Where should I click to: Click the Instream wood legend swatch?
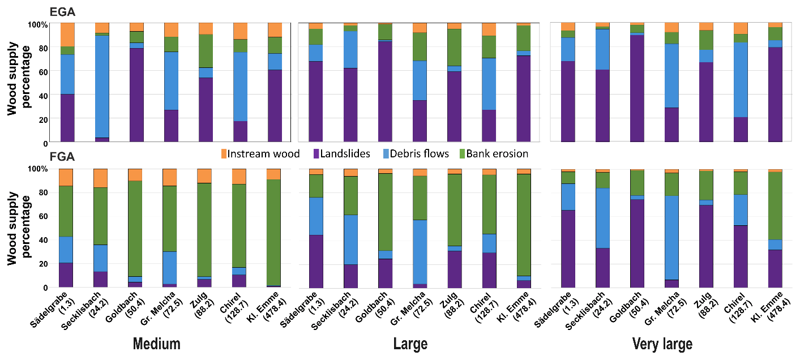[224, 153]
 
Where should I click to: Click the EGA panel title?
[62, 11]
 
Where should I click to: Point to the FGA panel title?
[62, 157]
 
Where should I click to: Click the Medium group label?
[156, 344]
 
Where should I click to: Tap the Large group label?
[410, 344]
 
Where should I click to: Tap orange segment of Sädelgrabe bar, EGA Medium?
[67, 35]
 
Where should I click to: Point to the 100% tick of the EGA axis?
[39, 24]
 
